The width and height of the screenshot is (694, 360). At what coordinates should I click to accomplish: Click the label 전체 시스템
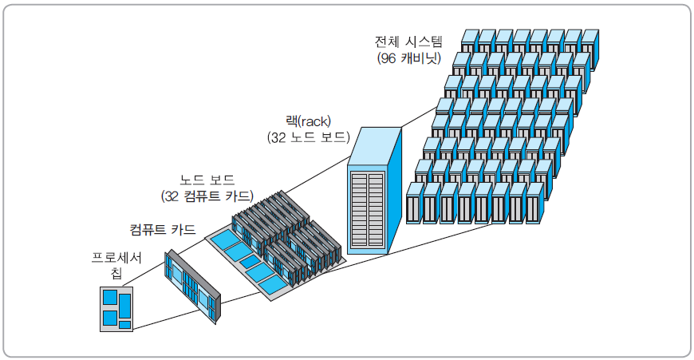(408, 41)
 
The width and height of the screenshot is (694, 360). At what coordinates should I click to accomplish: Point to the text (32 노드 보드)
(309, 137)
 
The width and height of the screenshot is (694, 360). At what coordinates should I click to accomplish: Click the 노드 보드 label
(209, 179)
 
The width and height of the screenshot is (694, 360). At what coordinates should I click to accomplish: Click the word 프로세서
(116, 258)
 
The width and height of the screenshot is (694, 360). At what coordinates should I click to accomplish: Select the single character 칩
(117, 274)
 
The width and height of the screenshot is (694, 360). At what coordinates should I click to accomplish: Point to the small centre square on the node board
(250, 261)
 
